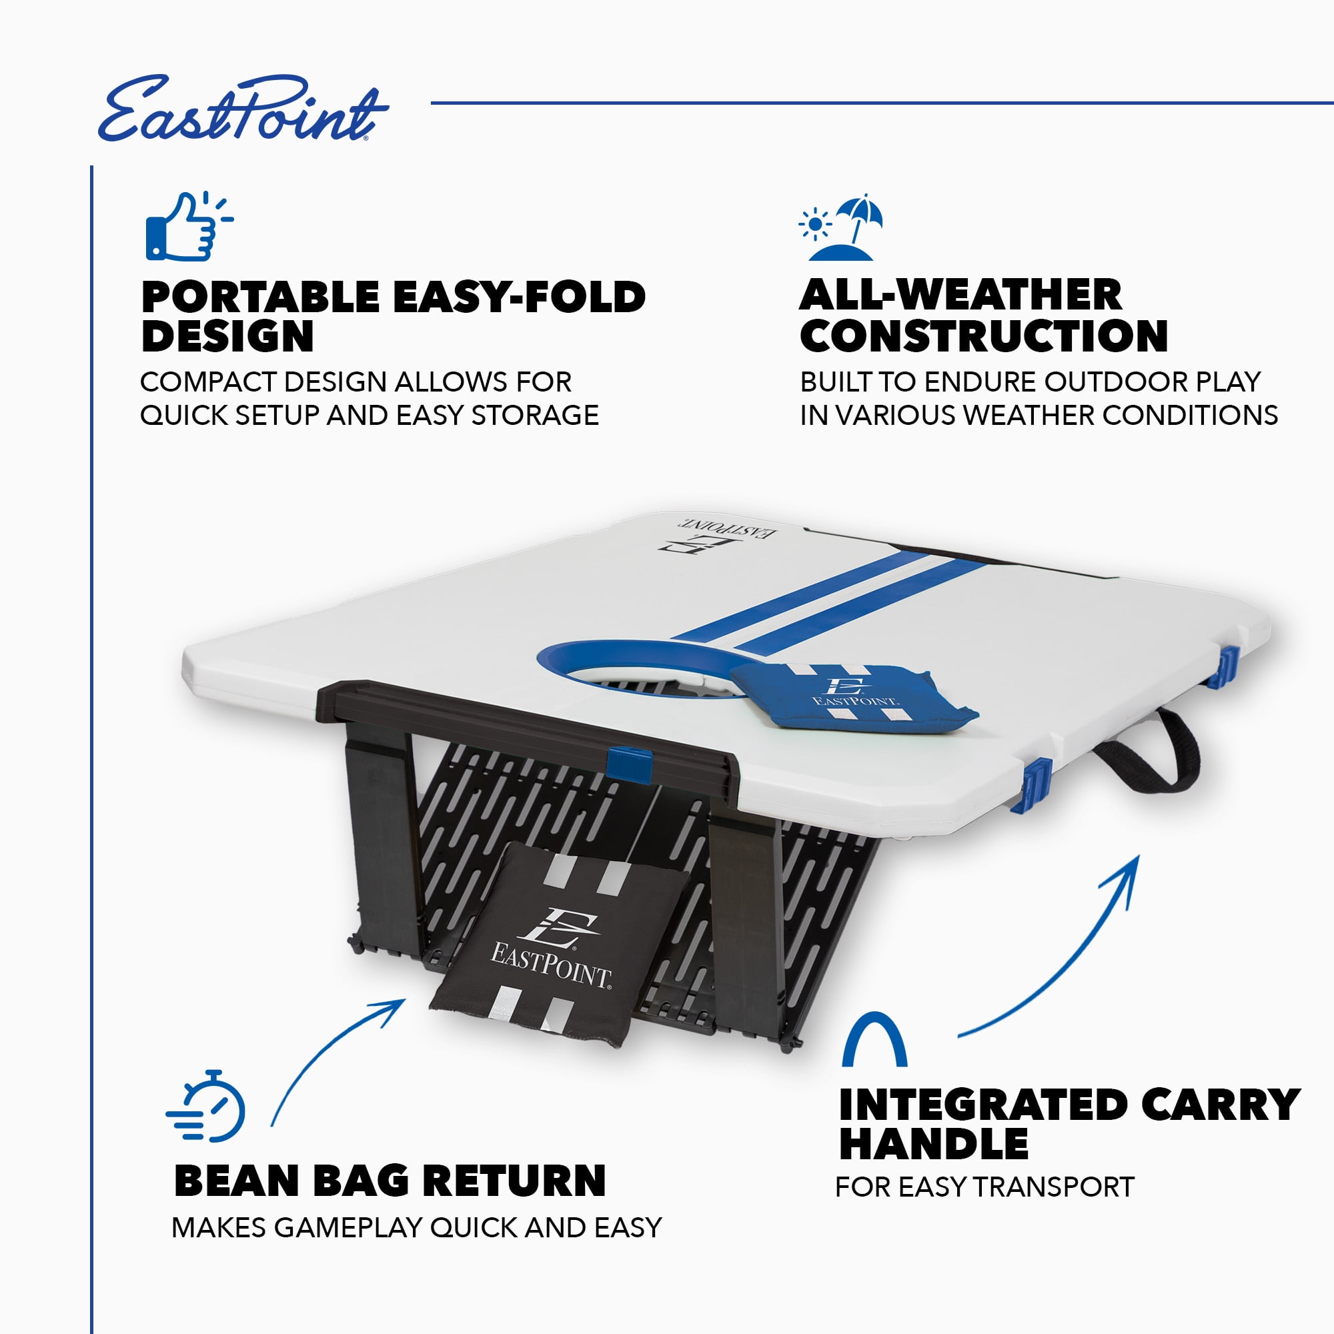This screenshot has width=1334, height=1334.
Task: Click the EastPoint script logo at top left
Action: pyautogui.click(x=243, y=109)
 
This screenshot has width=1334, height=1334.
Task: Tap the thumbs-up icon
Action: pyautogui.click(x=189, y=227)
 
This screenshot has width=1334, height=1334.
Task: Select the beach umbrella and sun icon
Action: pyautogui.click(x=840, y=227)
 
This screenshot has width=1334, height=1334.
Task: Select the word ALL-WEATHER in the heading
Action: pyautogui.click(x=960, y=295)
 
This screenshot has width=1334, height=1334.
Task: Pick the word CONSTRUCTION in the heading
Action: pyautogui.click(x=983, y=336)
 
